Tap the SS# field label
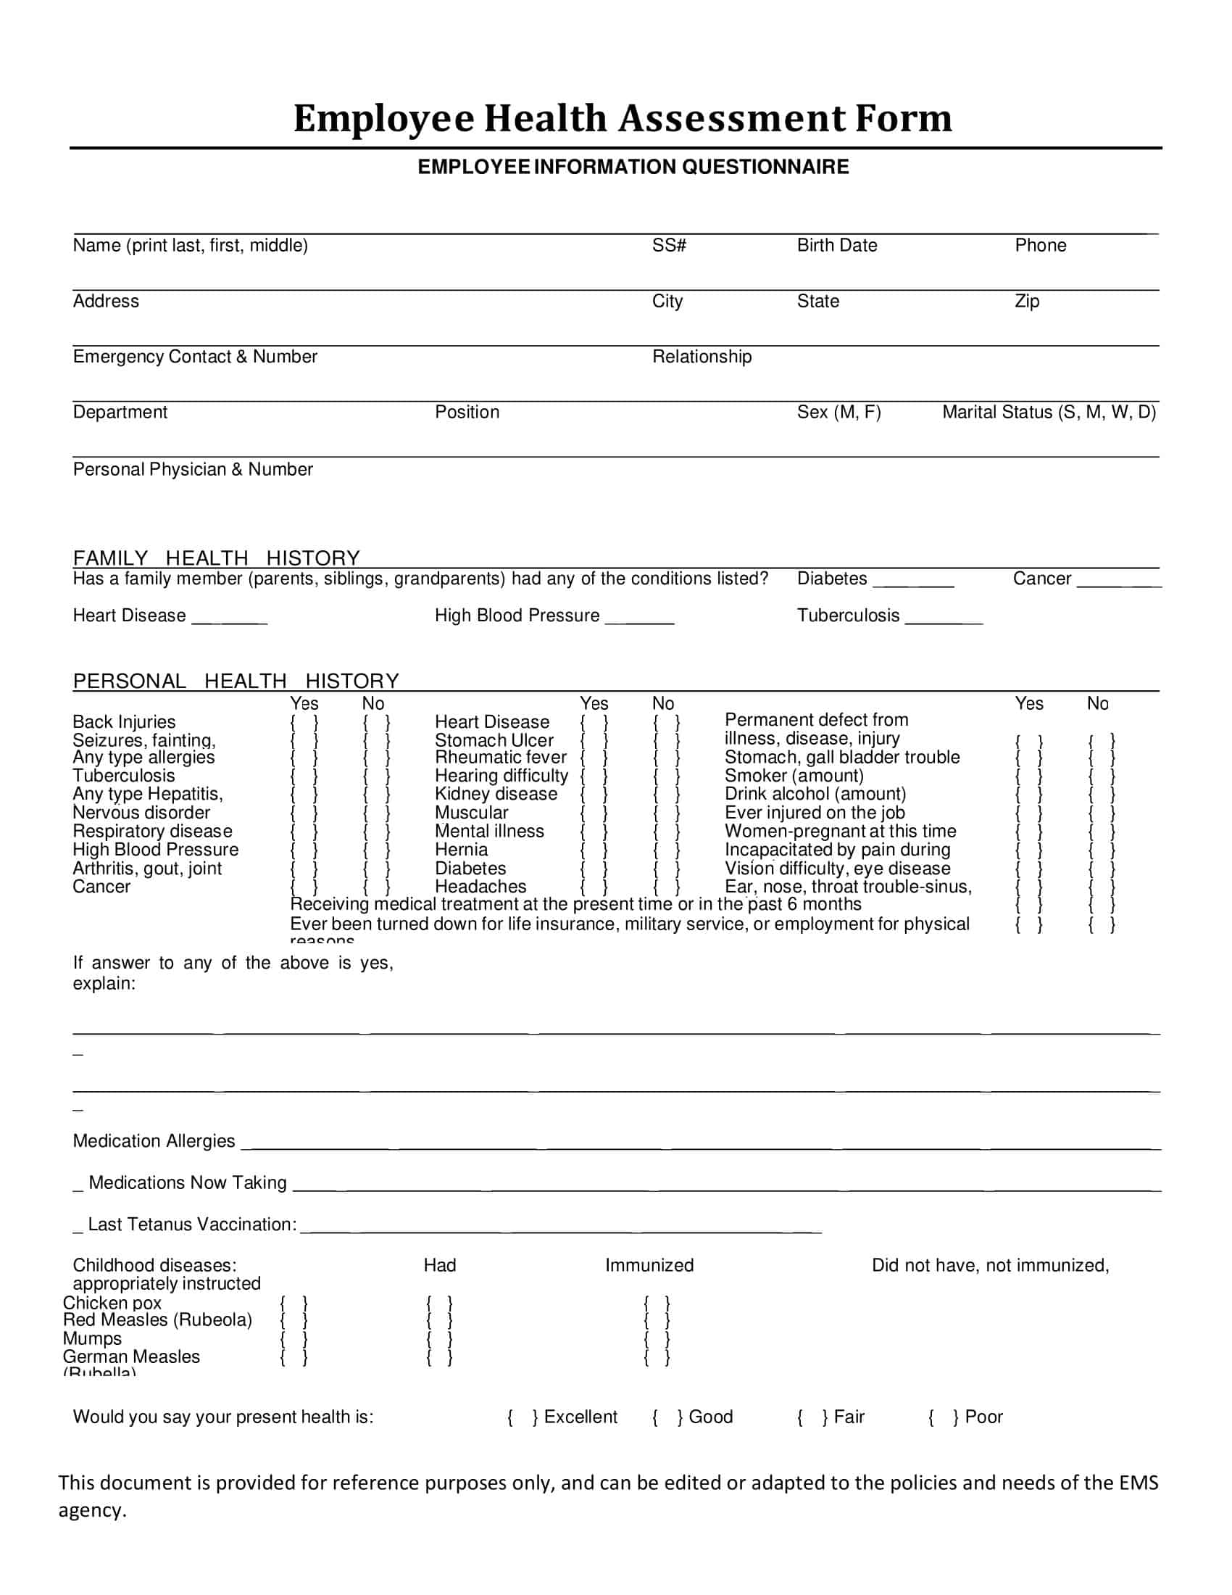click(x=669, y=245)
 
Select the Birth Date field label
click(x=836, y=245)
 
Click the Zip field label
click(x=1026, y=301)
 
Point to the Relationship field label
click(x=702, y=357)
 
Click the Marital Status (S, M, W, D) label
click(x=1049, y=412)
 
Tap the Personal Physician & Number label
click(x=193, y=469)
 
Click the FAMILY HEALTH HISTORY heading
click(x=216, y=558)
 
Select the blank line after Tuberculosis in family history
click(x=944, y=618)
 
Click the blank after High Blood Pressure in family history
click(x=639, y=618)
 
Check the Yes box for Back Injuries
click(x=304, y=723)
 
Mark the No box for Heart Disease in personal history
click(x=666, y=723)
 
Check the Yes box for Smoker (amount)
click(x=1028, y=777)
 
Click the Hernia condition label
click(x=461, y=850)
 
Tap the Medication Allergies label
click(x=153, y=1140)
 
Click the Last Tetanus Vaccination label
click(x=191, y=1224)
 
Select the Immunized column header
click(x=649, y=1265)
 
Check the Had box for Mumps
click(x=439, y=1339)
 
